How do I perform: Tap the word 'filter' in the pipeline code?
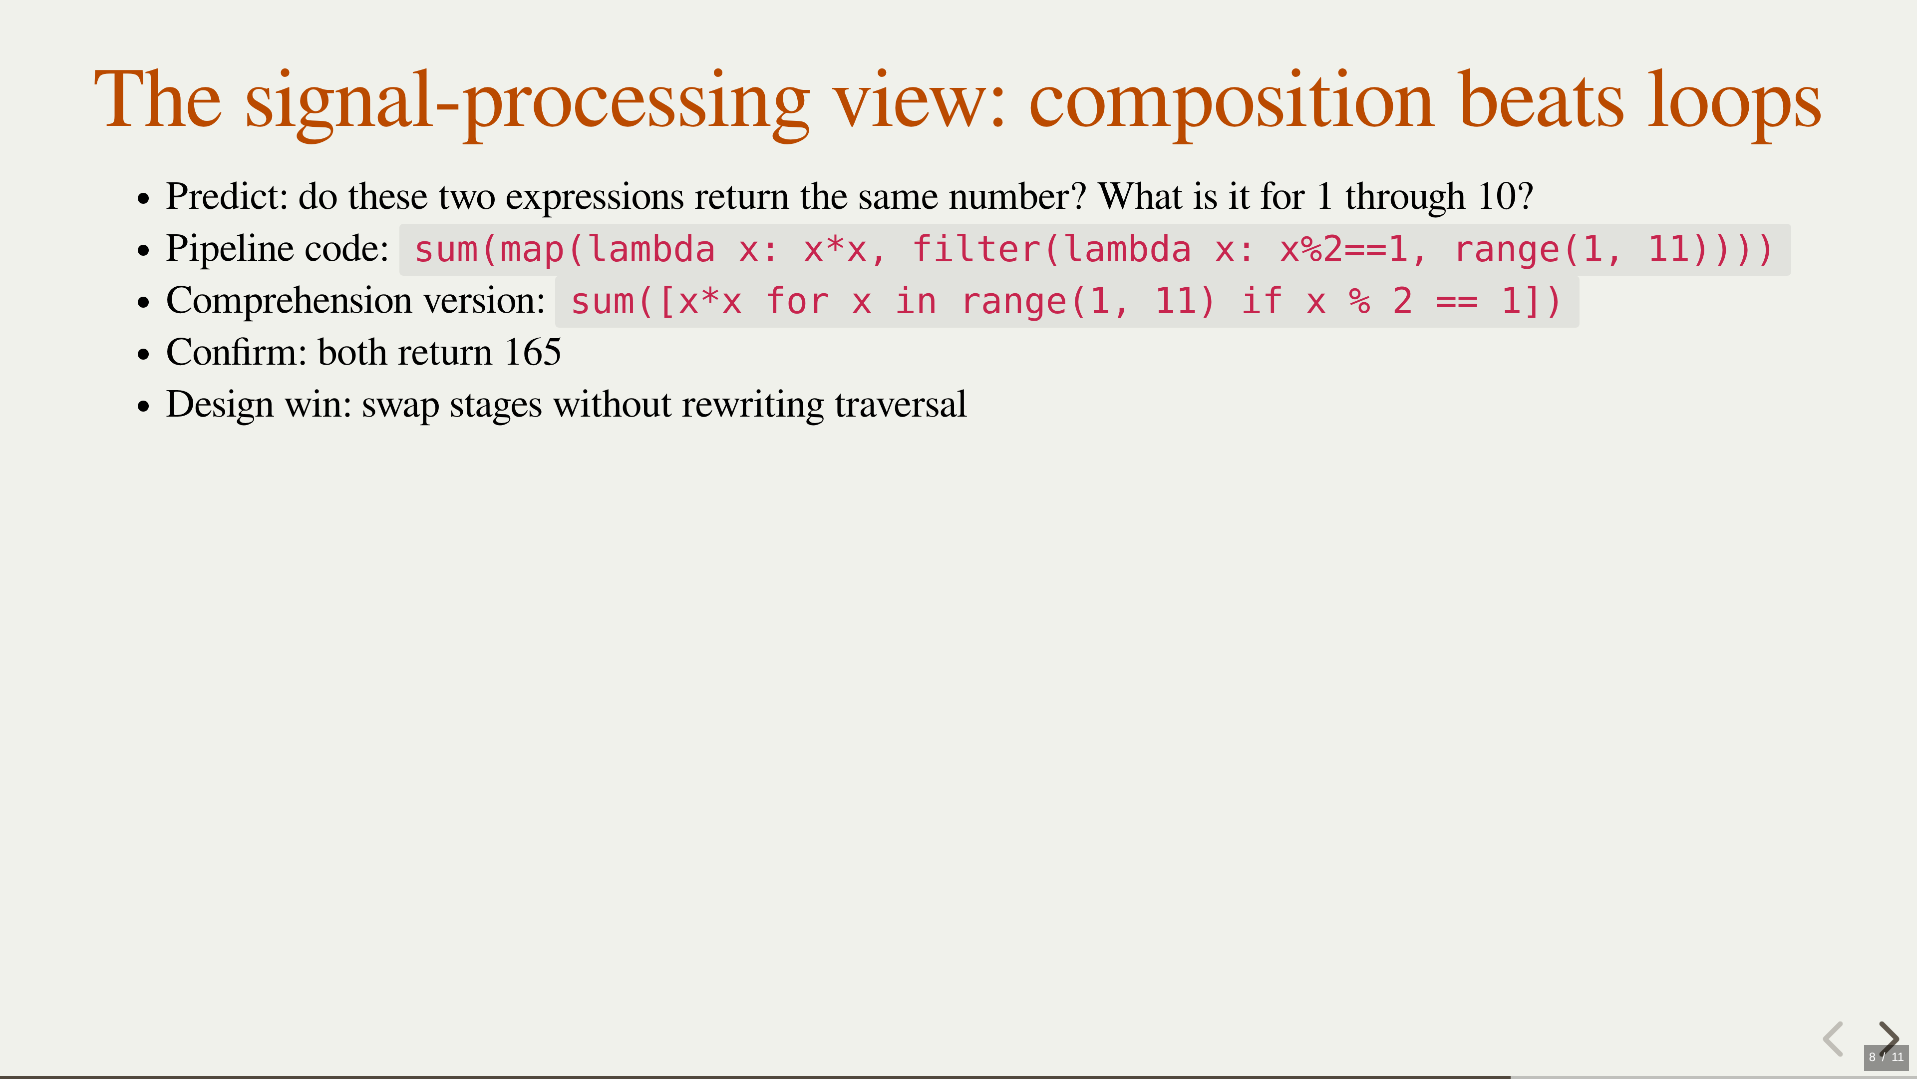976,249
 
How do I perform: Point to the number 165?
533,352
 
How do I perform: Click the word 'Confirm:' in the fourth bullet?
237,352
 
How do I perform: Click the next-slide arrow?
1889,1038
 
